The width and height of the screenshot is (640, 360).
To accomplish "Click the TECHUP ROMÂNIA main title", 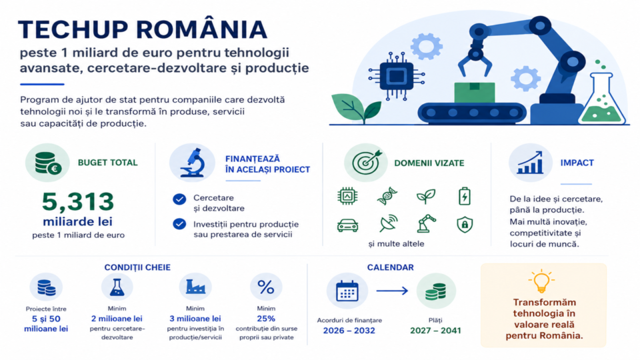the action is [x=143, y=29].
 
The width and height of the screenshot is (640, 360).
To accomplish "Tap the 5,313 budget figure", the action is [x=77, y=201].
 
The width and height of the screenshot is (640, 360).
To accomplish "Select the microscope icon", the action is [x=192, y=163].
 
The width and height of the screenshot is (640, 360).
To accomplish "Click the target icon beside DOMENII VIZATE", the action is [x=366, y=163].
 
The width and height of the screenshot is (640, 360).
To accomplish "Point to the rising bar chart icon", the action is [x=530, y=163].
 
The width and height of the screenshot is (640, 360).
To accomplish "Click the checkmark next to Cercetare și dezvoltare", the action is [x=179, y=199].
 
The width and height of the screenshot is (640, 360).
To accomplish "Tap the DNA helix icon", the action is [x=387, y=196].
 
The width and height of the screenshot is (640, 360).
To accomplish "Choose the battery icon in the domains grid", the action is [x=465, y=196].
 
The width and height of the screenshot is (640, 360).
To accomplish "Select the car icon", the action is [x=348, y=225].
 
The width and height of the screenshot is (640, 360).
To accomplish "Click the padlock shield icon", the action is [x=465, y=225].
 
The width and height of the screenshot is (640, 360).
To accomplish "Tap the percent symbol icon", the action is [x=266, y=287].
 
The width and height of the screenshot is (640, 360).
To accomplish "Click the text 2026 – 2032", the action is [x=349, y=331].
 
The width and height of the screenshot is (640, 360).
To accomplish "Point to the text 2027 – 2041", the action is [x=435, y=331].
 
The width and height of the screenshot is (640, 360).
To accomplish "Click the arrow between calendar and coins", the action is [x=392, y=291].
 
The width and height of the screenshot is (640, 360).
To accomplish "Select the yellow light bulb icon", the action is [x=541, y=281].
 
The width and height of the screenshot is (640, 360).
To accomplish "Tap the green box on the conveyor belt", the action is [x=474, y=93].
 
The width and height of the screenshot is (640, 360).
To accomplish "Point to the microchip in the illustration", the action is [x=396, y=76].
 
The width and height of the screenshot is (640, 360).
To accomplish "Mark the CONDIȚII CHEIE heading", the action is [x=137, y=267].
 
